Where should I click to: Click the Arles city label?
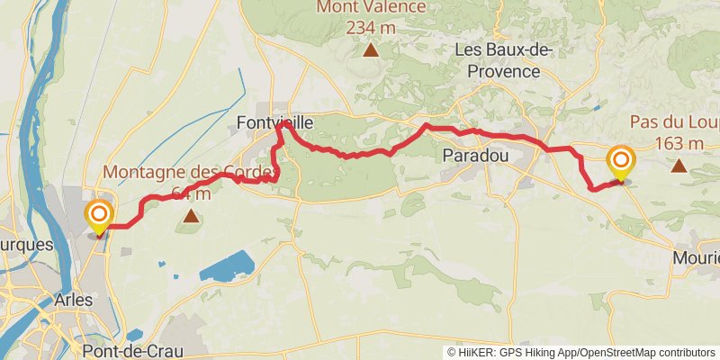[73, 299]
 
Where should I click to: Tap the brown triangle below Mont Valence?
[371, 49]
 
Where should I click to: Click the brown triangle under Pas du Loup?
[679, 166]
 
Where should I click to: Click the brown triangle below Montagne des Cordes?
[191, 216]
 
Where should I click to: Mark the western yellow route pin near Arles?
[98, 215]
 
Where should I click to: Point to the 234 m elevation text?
[371, 27]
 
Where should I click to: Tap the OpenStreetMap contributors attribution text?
[648, 352]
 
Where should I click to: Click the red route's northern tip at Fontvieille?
[283, 125]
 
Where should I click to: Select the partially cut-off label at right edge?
[697, 258]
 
